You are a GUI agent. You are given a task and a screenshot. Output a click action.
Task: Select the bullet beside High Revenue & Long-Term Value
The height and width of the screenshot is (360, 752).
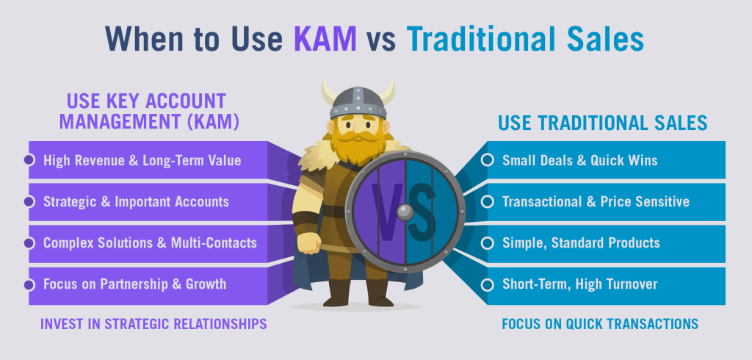(29, 160)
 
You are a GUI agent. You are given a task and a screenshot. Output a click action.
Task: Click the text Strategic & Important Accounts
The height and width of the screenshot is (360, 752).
(136, 201)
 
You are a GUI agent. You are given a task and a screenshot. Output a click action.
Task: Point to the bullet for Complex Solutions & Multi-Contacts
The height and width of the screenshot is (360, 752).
(29, 243)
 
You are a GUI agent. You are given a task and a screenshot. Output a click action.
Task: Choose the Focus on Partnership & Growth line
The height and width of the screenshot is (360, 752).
(135, 284)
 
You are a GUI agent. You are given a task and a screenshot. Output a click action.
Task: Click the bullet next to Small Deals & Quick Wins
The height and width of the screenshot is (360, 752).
(488, 160)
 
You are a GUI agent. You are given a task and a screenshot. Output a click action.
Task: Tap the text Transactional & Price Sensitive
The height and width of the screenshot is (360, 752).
(596, 201)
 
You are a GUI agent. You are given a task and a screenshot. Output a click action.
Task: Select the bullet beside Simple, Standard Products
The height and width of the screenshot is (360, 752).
(488, 243)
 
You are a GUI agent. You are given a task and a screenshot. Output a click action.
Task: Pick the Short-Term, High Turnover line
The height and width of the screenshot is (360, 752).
(580, 284)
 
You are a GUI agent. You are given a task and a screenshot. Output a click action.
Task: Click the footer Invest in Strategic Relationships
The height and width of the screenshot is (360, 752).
(153, 324)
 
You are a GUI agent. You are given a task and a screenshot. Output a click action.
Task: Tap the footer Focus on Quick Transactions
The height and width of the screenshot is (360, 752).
(600, 324)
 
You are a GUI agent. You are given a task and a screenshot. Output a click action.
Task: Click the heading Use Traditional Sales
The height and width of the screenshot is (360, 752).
(602, 123)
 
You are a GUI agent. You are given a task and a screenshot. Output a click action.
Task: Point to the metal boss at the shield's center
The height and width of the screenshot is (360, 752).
(405, 212)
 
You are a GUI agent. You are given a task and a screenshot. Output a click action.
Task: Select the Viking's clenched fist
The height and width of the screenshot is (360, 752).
(309, 243)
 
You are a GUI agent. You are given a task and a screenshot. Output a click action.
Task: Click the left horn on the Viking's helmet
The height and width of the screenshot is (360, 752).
(329, 92)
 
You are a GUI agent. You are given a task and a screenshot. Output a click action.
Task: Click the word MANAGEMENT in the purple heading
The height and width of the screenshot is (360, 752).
(120, 121)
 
